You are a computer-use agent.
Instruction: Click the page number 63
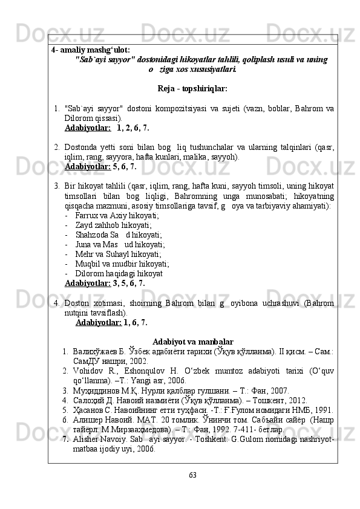tap(192, 473)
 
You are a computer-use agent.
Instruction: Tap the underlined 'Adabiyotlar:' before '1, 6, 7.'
tap(98, 323)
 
